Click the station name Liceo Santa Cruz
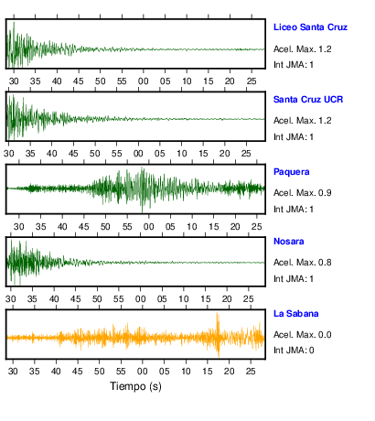pos(310,27)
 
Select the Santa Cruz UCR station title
pos(308,100)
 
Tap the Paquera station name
pos(292,172)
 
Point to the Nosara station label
pos(289,242)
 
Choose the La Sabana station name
pos(296,314)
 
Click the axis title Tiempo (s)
pos(135,386)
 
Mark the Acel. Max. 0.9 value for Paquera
pos(303,193)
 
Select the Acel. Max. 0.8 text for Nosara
pos(303,263)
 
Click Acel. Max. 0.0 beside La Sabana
pos(303,335)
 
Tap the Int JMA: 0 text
pos(294,351)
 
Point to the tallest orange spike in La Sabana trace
pos(218,335)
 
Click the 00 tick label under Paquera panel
pos(149,227)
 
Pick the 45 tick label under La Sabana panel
pos(78,372)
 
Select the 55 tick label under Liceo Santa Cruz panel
pos(122,81)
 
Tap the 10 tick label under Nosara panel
pos(184,299)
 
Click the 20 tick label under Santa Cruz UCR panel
pos(225,154)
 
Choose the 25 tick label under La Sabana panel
pos(251,372)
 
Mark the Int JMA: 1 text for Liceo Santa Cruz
pos(294,65)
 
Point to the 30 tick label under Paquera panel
pos(19,227)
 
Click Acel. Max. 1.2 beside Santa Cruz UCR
pos(303,121)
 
